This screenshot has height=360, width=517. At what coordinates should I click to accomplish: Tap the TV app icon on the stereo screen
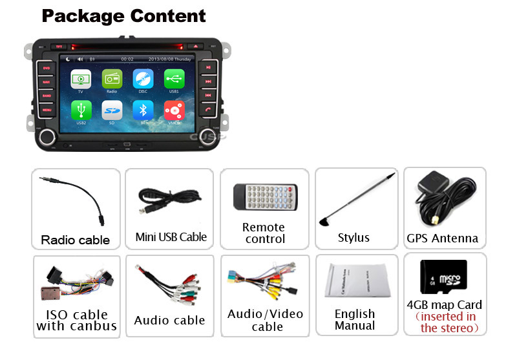point(81,79)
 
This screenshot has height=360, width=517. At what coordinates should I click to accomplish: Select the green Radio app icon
point(112,79)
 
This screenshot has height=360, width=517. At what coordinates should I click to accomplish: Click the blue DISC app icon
point(143,79)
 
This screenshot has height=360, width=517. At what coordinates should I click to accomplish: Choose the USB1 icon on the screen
point(174,79)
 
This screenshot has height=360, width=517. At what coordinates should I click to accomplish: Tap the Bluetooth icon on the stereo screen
point(143,109)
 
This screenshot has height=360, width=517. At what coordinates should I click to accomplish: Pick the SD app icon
point(112,109)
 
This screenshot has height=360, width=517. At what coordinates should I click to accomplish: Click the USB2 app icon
point(81,109)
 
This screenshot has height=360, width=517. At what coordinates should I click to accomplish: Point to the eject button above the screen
point(195,47)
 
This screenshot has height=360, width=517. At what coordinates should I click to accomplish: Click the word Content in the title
point(163,16)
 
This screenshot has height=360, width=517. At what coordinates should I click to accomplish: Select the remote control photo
point(265,197)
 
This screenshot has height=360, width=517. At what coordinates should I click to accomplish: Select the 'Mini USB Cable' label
point(171,237)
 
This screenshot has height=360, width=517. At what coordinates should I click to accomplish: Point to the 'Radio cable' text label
point(76,240)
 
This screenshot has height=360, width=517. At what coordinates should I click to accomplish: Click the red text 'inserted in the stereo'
point(446,323)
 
